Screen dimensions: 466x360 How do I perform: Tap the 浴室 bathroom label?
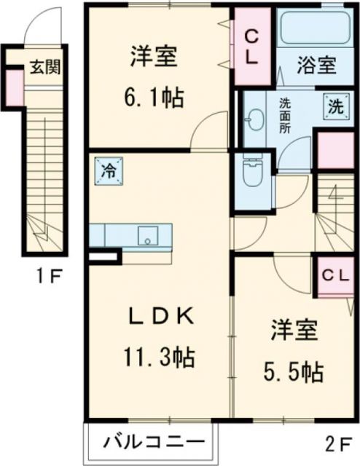click(316, 65)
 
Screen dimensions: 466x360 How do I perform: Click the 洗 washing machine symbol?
click(334, 104)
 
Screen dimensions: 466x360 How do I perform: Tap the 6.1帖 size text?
click(155, 98)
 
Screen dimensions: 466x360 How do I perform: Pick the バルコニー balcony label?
click(152, 441)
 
